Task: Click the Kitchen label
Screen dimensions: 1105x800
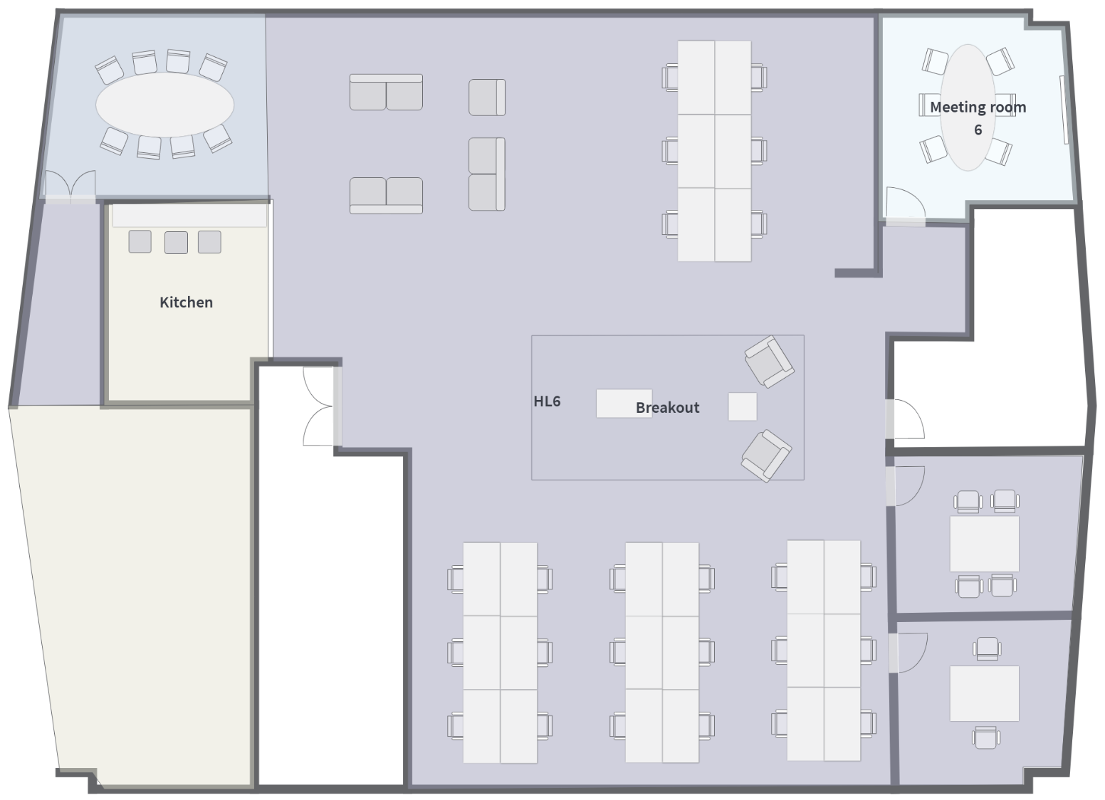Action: [x=186, y=302]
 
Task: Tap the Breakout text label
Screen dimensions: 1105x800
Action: [x=667, y=407]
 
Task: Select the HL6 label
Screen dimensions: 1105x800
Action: [x=547, y=401]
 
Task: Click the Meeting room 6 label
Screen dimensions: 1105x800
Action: [x=978, y=118]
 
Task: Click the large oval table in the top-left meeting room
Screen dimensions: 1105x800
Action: [x=164, y=105]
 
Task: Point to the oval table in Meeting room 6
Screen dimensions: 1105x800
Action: [x=968, y=107]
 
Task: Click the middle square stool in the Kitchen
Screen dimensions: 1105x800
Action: [x=176, y=243]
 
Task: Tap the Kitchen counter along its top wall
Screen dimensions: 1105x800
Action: [x=189, y=216]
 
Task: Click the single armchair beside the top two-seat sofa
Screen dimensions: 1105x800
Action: [x=487, y=98]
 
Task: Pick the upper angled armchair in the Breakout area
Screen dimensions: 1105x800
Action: [x=769, y=362]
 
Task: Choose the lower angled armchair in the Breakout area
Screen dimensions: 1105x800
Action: [x=766, y=456]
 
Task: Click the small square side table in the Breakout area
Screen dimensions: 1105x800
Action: [x=743, y=406]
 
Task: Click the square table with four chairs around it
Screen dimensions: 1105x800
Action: [x=984, y=544]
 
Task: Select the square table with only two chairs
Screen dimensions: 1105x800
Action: [x=984, y=693]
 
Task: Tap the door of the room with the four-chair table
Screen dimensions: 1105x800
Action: [x=905, y=486]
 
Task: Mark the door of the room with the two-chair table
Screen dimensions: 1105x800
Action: [x=908, y=653]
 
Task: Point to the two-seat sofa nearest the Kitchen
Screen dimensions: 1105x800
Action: [x=387, y=196]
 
